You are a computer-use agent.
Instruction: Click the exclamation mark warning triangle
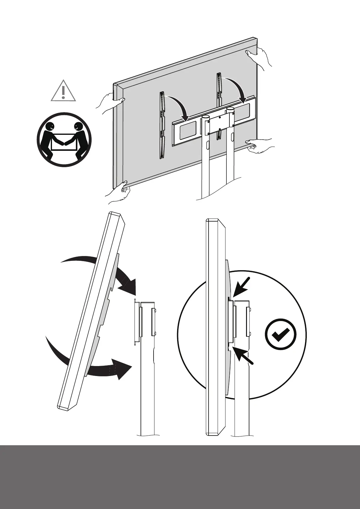coord(63,91)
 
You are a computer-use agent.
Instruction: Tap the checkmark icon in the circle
coord(281,334)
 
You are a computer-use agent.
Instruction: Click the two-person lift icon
coord(64,139)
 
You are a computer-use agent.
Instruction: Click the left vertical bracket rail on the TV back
coord(162,125)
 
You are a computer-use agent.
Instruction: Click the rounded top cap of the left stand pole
coord(206,117)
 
